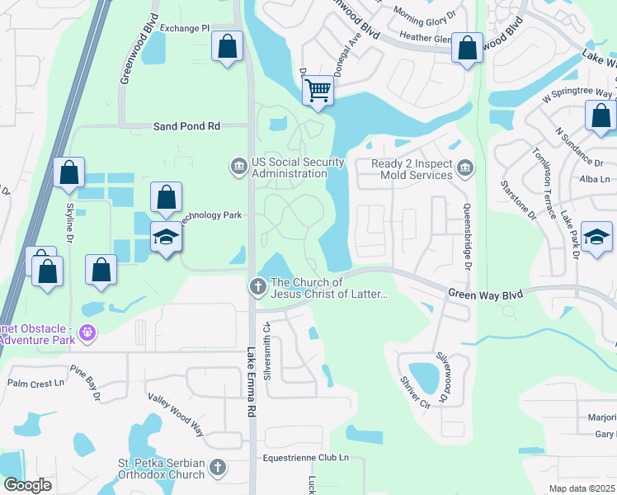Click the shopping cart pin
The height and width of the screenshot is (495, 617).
pyautogui.click(x=318, y=91)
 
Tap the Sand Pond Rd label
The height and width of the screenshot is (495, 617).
pyautogui.click(x=187, y=126)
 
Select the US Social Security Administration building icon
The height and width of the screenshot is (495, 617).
pyautogui.click(x=238, y=167)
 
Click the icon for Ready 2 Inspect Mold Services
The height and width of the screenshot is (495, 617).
pyautogui.click(x=465, y=168)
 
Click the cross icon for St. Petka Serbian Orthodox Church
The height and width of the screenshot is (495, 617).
pyautogui.click(x=217, y=468)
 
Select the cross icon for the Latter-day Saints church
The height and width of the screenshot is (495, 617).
pyautogui.click(x=257, y=287)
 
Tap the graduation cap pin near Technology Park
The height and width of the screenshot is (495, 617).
pyautogui.click(x=166, y=238)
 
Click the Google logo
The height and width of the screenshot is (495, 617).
pyautogui.click(x=27, y=484)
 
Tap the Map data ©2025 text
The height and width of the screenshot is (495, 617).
pyautogui.click(x=582, y=488)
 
